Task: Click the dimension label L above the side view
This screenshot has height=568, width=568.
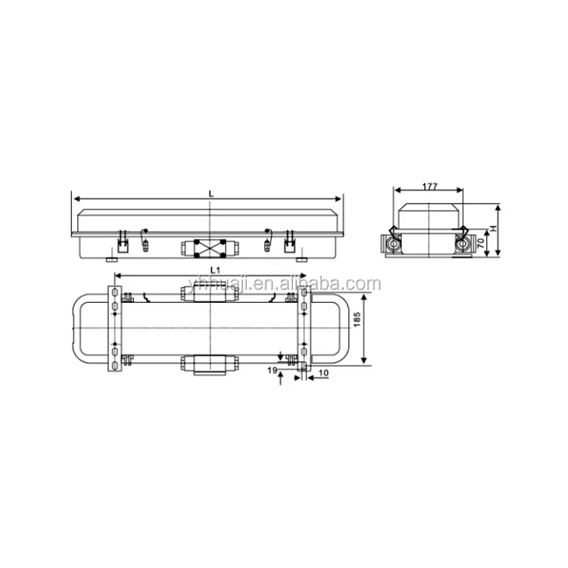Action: click(211, 194)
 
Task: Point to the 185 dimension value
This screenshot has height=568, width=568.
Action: click(357, 323)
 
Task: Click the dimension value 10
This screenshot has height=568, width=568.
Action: click(322, 373)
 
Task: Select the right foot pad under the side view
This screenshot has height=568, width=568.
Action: click(304, 259)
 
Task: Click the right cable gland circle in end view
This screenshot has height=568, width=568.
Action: click(460, 244)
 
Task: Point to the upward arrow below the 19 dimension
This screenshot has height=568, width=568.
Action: click(282, 379)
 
